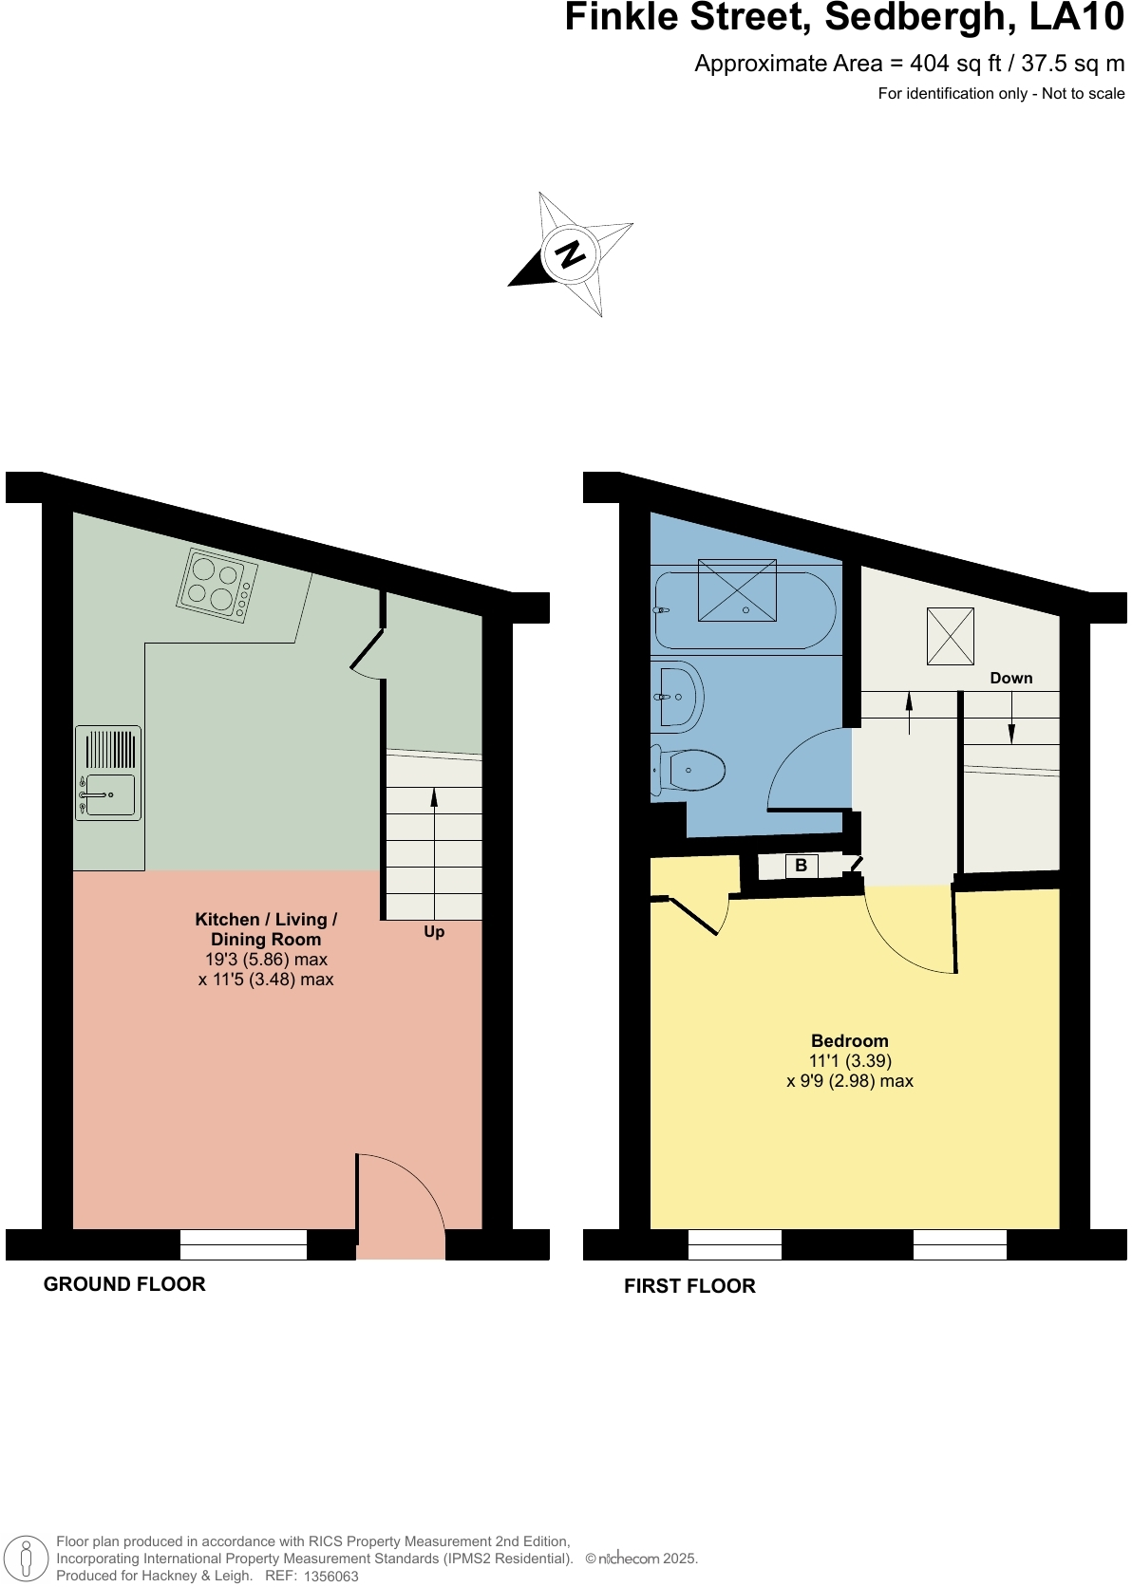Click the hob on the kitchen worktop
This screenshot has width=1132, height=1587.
(x=217, y=585)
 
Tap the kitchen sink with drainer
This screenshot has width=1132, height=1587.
(x=108, y=774)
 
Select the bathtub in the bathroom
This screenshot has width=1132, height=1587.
(x=743, y=609)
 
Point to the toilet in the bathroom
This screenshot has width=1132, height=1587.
(x=689, y=770)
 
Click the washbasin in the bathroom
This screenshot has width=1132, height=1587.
(x=678, y=697)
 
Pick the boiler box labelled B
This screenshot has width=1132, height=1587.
(x=802, y=866)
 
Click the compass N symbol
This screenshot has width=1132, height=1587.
(x=570, y=254)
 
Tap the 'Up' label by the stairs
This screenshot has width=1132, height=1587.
(x=434, y=932)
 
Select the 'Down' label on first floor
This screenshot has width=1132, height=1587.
(x=1010, y=678)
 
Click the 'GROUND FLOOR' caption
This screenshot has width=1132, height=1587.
(x=124, y=1284)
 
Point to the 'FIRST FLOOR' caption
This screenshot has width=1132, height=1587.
(x=689, y=1286)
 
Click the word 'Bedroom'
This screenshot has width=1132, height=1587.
(x=849, y=1041)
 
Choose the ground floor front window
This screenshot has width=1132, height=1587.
(x=243, y=1243)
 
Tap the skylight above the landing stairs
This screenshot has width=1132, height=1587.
(x=950, y=636)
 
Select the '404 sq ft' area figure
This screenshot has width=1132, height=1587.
(x=955, y=64)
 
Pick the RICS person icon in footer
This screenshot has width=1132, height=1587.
(x=27, y=1559)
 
